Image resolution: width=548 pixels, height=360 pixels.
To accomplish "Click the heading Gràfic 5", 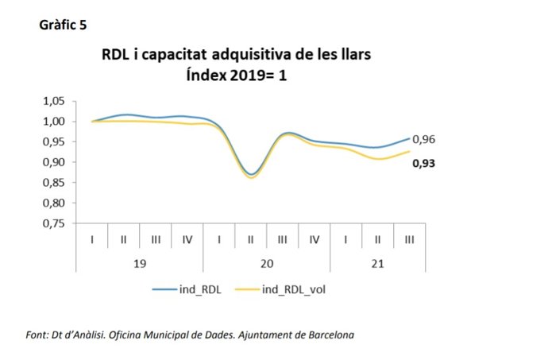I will click(x=63, y=25).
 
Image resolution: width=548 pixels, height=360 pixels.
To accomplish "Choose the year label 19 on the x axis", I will click(x=140, y=263).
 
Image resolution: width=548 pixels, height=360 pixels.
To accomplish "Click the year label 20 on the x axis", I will click(x=267, y=263).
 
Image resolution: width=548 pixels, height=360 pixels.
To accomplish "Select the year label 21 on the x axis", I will click(x=378, y=263).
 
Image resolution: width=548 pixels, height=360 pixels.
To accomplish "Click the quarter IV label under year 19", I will click(x=187, y=239).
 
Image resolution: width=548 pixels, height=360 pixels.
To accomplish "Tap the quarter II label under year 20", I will click(x=251, y=239).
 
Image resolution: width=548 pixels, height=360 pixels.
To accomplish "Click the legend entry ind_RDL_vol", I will click(x=288, y=290).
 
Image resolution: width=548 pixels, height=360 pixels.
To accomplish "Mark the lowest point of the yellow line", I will click(x=250, y=177).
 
